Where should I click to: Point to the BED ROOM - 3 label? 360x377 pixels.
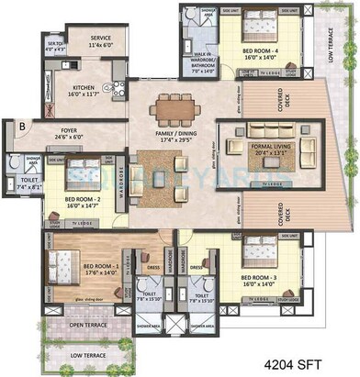pos(264,279)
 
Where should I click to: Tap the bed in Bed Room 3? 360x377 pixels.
pos(263,249)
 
